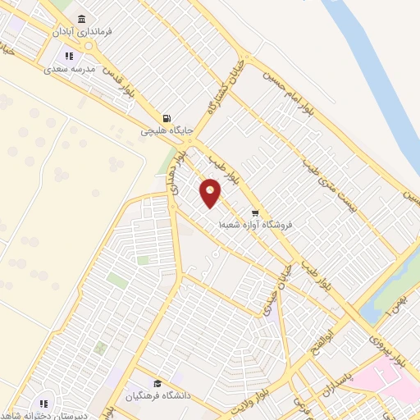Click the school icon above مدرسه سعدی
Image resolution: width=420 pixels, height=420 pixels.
(x=70, y=56)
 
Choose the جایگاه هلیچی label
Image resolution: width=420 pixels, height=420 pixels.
(x=166, y=130)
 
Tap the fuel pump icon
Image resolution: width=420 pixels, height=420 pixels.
(x=167, y=117)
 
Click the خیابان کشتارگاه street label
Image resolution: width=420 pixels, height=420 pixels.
(x=225, y=83)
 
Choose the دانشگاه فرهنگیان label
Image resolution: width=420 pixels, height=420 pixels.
(x=157, y=395)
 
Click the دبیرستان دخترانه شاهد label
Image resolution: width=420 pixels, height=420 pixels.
(x=45, y=414)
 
